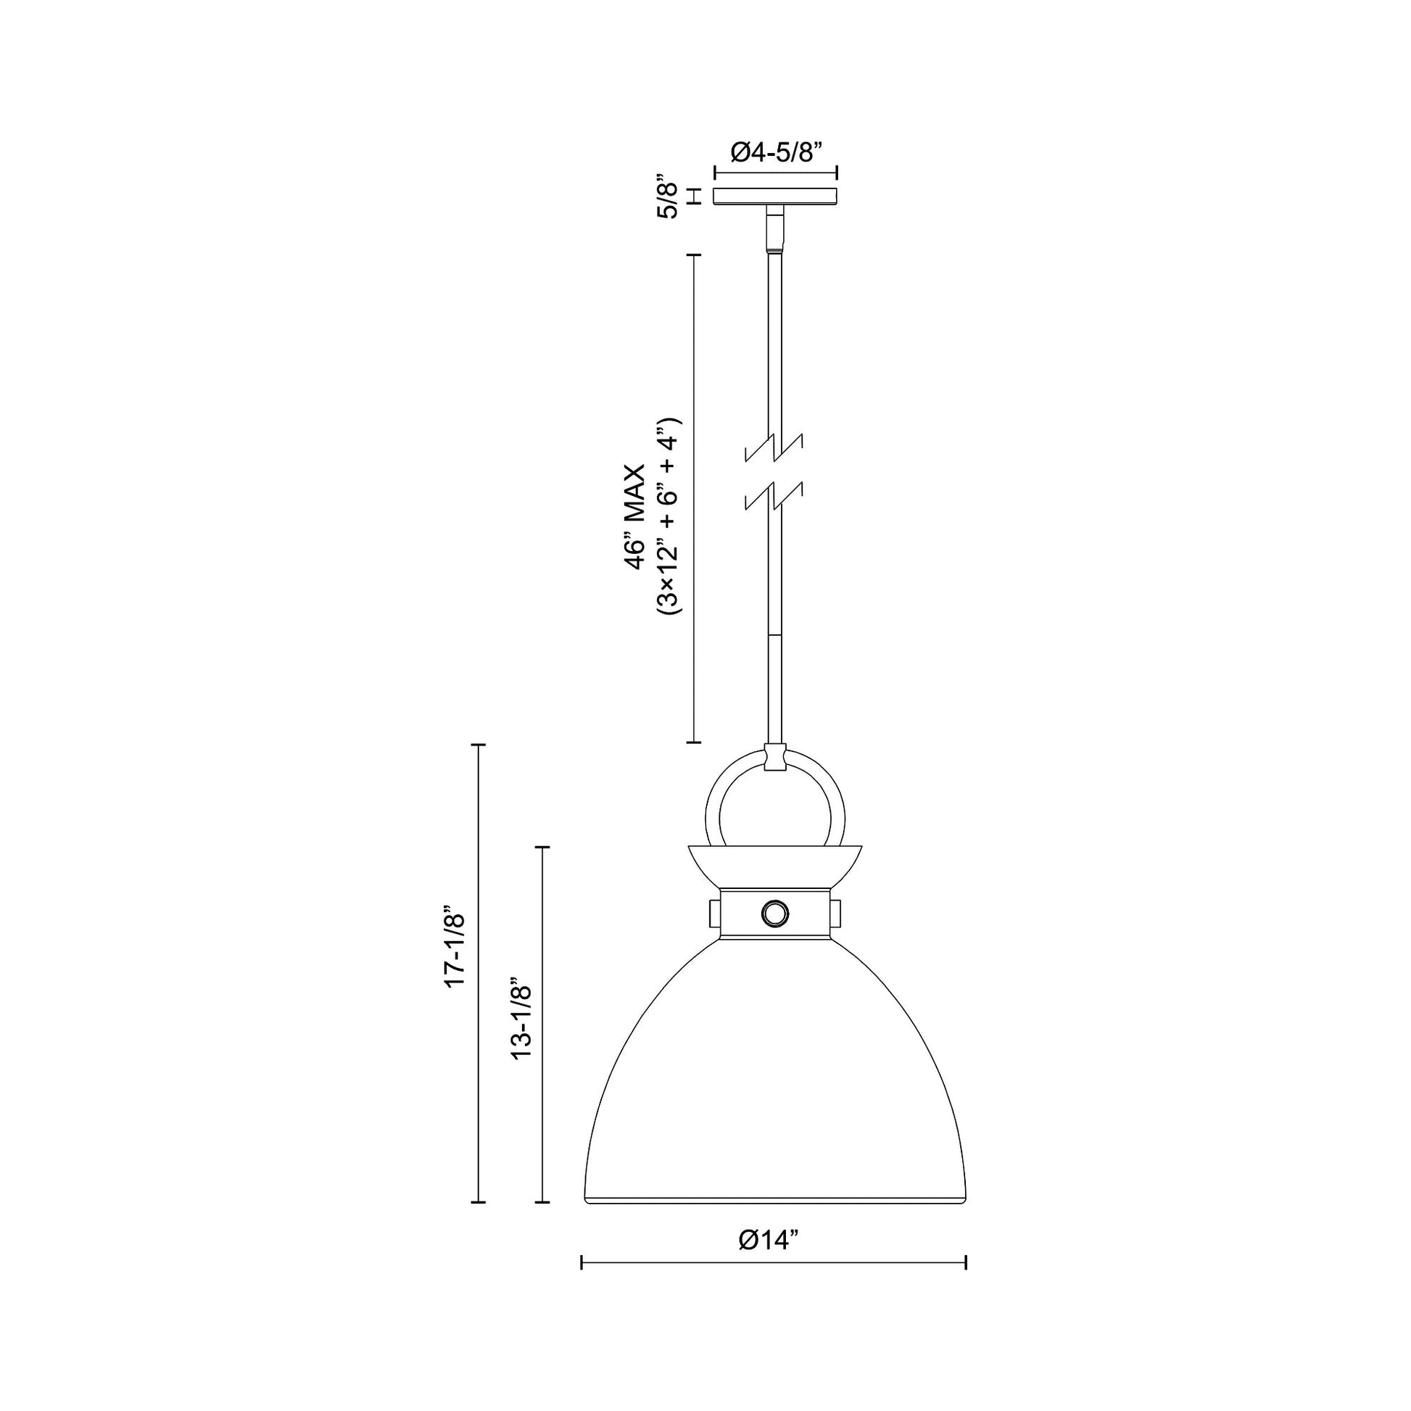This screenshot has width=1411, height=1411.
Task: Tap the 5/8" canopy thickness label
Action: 669,196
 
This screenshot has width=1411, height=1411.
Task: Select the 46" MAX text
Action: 634,516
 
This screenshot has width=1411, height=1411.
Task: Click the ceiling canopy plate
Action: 776,196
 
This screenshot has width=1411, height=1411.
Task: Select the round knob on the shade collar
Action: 775,912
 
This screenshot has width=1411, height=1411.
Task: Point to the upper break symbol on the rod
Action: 774,447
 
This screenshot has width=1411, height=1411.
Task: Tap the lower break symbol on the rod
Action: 774,495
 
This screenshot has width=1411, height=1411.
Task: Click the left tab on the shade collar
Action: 714,912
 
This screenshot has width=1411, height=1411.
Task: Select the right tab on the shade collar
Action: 835,912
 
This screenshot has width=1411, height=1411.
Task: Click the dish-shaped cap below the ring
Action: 775,865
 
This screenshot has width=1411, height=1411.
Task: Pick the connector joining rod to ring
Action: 775,758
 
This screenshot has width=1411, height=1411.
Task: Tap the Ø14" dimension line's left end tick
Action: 582,1263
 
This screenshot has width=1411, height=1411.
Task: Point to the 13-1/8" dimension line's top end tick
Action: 541,847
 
